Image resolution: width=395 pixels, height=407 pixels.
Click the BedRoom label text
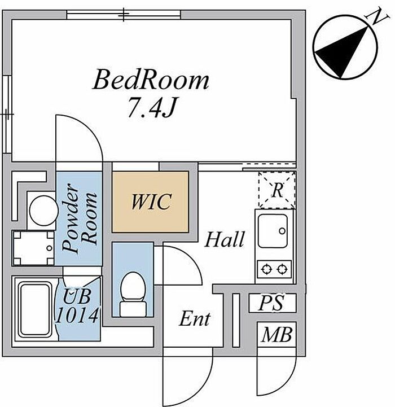tap(151, 81)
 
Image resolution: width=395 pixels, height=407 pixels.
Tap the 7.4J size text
tap(151, 108)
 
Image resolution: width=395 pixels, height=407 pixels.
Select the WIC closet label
tap(150, 202)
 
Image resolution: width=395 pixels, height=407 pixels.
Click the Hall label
tap(224, 240)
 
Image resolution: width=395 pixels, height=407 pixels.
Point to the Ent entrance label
tap(195, 320)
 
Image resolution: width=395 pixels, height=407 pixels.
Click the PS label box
tap(271, 303)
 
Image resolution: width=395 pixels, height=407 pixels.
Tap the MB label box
tap(276, 336)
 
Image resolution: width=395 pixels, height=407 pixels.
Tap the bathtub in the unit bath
tap(36, 308)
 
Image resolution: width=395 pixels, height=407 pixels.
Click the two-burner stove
tap(274, 268)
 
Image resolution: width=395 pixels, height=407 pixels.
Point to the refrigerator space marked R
tap(276, 190)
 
